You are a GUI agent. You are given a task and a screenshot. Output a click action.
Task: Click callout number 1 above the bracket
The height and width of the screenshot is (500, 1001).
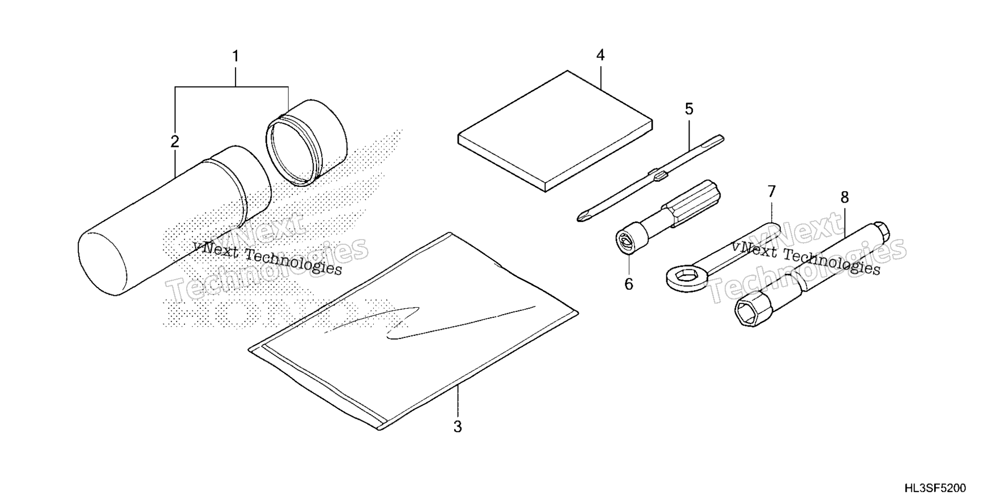[236, 56]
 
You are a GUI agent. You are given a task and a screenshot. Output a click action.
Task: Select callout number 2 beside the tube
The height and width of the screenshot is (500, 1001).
[175, 141]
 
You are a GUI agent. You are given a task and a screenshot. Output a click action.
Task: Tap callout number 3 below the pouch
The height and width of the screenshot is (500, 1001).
[457, 427]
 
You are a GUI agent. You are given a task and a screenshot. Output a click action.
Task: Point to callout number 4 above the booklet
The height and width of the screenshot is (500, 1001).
[600, 55]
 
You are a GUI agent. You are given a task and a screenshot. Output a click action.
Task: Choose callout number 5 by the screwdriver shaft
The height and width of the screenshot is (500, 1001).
[689, 109]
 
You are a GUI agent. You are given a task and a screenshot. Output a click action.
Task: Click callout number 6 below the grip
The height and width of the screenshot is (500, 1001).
[629, 284]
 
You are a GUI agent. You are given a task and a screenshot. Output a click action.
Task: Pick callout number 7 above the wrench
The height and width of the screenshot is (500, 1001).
[772, 191]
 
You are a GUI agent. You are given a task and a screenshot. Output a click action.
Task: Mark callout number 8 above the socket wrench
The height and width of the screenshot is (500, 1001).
[845, 197]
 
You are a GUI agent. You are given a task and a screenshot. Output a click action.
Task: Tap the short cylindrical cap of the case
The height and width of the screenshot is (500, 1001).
[307, 142]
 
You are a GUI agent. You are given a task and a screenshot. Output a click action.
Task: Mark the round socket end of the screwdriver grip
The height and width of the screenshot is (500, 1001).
[627, 240]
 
